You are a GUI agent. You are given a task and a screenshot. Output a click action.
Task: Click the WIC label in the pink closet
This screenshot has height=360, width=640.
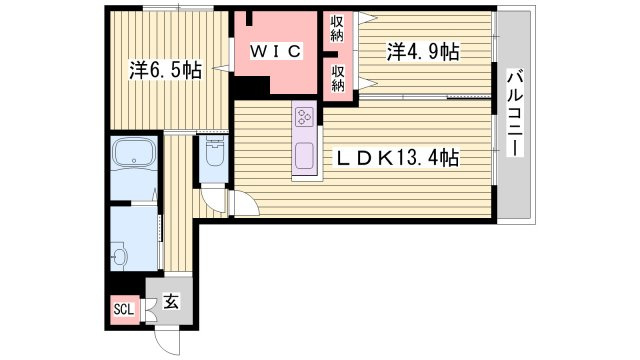pos(276,51)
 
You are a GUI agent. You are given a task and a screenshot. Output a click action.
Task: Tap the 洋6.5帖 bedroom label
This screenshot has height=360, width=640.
pos(165,71)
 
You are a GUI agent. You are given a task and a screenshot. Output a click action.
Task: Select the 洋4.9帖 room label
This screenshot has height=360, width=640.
pos(423,52)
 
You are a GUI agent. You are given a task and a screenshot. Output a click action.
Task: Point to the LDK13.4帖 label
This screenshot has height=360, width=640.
pos(397,158)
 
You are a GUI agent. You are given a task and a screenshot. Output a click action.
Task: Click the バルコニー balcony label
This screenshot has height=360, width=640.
pos(515,113)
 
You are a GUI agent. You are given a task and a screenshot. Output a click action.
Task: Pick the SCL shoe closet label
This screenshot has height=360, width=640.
pos(123,309)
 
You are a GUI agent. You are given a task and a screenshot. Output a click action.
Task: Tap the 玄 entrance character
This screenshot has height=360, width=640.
pos(171,302)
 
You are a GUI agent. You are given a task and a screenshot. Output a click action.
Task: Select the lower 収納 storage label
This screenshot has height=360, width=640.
pos(338,78)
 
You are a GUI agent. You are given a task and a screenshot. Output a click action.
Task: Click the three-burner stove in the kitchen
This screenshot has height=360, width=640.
pos(304,116)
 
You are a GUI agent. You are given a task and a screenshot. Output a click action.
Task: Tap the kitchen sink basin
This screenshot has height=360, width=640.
pos(304,156)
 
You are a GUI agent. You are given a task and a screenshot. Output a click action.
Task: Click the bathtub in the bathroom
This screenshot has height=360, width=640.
pos(133,152)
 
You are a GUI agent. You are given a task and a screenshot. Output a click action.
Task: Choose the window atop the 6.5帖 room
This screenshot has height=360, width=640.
pos(178,8)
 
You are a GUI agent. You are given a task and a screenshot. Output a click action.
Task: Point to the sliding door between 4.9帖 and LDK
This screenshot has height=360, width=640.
pos(425,97)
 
